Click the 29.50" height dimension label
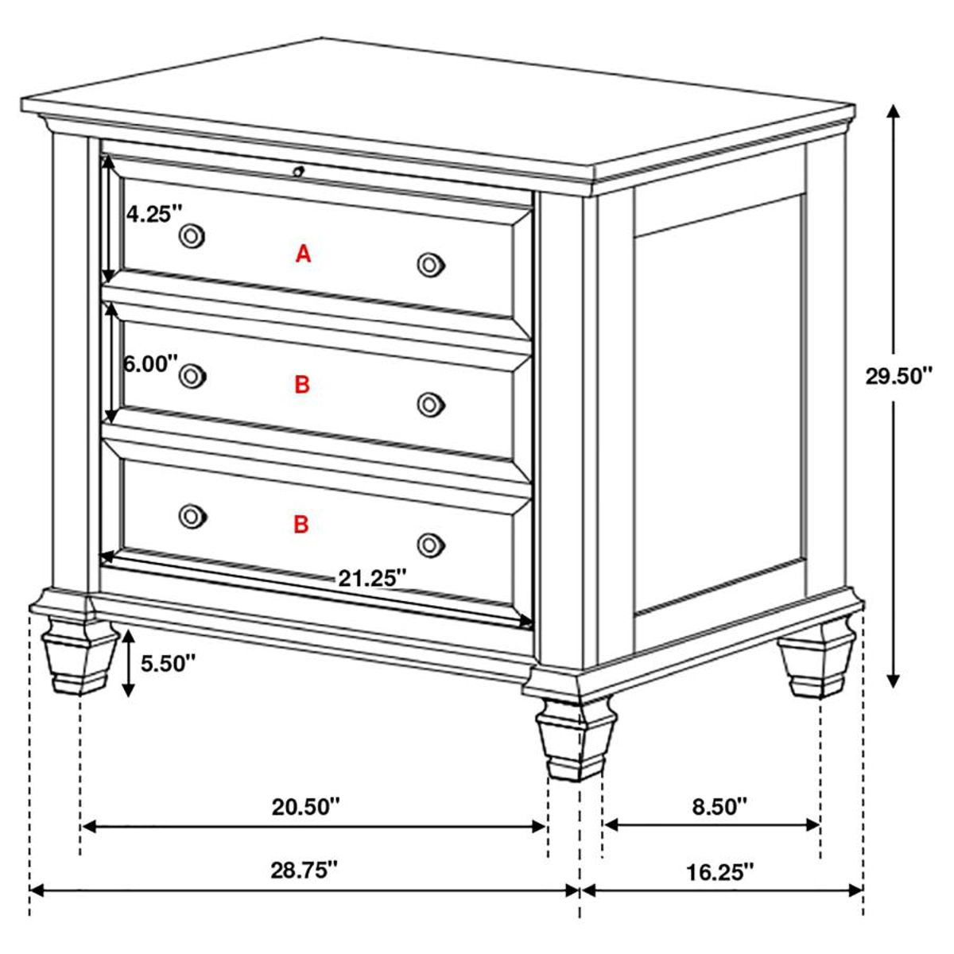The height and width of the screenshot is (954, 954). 898,376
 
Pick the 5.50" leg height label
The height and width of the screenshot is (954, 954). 168,663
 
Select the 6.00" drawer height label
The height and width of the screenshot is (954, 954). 150,363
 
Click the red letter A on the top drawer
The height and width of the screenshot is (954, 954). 303,254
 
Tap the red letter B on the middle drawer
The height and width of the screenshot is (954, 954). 301,386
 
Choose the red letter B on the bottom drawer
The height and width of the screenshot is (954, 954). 301,525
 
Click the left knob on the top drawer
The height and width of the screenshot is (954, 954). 192,235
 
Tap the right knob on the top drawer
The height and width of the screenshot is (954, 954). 429,265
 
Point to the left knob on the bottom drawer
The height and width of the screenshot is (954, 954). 192,516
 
